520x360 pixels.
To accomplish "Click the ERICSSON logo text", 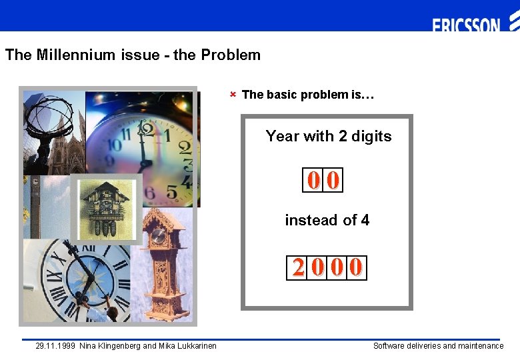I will [466, 26].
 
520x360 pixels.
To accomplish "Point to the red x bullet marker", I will [233, 94].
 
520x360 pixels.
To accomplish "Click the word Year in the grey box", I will [282, 137].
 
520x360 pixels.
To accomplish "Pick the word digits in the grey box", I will [371, 137].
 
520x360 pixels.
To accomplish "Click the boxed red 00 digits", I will [323, 180].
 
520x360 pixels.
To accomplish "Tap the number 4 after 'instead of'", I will [365, 220].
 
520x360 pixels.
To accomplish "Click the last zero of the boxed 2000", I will [357, 268].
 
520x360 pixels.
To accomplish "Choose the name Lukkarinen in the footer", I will [195, 346].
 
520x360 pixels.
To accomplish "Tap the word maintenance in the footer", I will [481, 346].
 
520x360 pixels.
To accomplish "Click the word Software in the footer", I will [389, 346].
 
